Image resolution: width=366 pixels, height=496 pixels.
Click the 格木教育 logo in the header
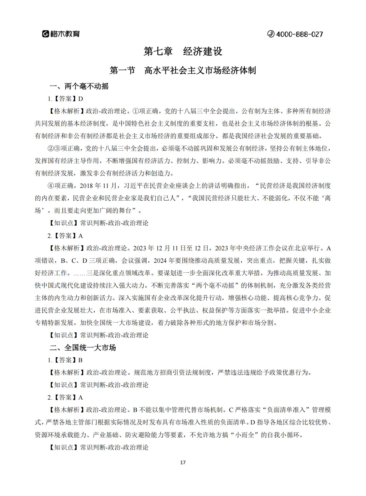coord(61,34)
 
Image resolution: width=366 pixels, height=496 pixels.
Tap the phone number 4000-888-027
coord(299,34)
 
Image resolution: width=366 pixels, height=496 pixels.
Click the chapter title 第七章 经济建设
coord(183,51)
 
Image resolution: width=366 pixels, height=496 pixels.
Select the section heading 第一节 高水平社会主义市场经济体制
coord(183,70)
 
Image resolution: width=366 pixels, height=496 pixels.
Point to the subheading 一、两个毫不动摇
coord(79,86)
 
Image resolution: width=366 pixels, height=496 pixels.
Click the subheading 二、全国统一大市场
coord(83,348)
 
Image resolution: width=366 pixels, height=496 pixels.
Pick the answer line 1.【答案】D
coord(65,99)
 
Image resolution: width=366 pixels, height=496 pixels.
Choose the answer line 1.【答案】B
coord(65,360)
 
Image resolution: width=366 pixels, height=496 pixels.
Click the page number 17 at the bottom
coord(183,463)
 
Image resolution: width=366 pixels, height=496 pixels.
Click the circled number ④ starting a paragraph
coord(51,186)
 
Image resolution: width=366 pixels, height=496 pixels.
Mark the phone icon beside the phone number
coord(271,34)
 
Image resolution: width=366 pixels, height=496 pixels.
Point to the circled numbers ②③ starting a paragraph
coord(54,148)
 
